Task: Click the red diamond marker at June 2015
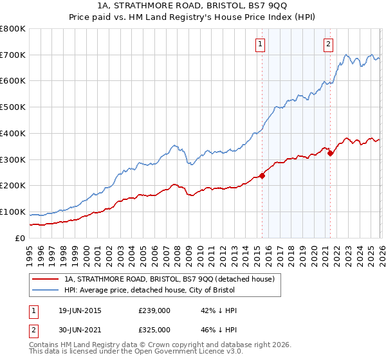(x=262, y=175)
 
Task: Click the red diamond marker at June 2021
(x=330, y=153)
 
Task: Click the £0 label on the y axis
(x=21, y=239)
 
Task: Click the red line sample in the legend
(x=44, y=279)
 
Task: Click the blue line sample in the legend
(x=44, y=291)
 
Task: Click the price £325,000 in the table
(x=154, y=330)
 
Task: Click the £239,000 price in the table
(x=154, y=310)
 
